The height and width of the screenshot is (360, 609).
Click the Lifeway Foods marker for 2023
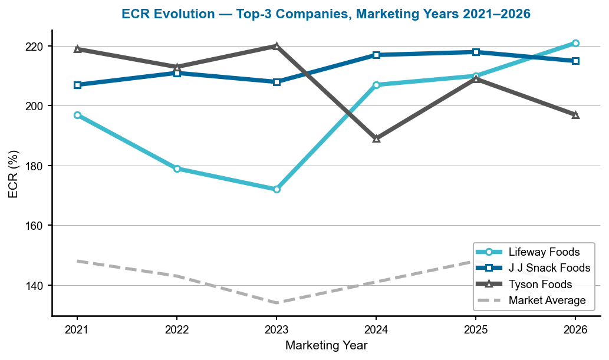pyautogui.click(x=276, y=189)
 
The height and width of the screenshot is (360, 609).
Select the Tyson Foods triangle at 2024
pyautogui.click(x=376, y=138)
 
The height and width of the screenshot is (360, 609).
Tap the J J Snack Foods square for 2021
pyautogui.click(x=77, y=85)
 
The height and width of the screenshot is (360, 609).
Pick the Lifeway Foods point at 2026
pyautogui.click(x=575, y=43)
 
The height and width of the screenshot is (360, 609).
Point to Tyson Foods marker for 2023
pyautogui.click(x=276, y=46)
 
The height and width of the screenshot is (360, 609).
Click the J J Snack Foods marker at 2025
pyautogui.click(x=476, y=52)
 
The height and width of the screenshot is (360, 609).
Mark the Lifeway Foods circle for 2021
pyautogui.click(x=77, y=115)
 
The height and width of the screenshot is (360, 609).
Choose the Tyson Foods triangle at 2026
pyautogui.click(x=575, y=115)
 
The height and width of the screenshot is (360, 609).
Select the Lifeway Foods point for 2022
pyautogui.click(x=177, y=169)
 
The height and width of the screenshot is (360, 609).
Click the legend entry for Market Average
pyautogui.click(x=547, y=300)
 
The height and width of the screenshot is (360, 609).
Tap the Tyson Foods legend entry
pyautogui.click(x=540, y=285)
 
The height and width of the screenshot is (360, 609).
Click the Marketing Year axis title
pyautogui.click(x=326, y=346)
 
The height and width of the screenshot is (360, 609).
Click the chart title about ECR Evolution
pyautogui.click(x=326, y=13)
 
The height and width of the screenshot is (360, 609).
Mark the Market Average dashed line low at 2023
pyautogui.click(x=276, y=303)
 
